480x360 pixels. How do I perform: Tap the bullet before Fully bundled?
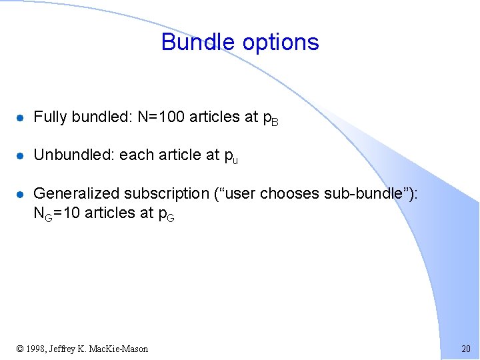click(21, 117)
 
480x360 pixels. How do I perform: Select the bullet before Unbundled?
click(21, 155)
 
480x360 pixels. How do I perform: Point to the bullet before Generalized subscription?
click(21, 194)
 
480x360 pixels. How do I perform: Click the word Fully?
click(50, 117)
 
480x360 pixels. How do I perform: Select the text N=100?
click(162, 117)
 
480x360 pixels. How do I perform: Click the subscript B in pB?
click(275, 121)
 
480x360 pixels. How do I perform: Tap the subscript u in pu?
click(235, 159)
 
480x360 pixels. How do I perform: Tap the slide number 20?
click(465, 349)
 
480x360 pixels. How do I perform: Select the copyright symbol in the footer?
click(20, 349)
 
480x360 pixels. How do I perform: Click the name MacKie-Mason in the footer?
click(121, 349)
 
